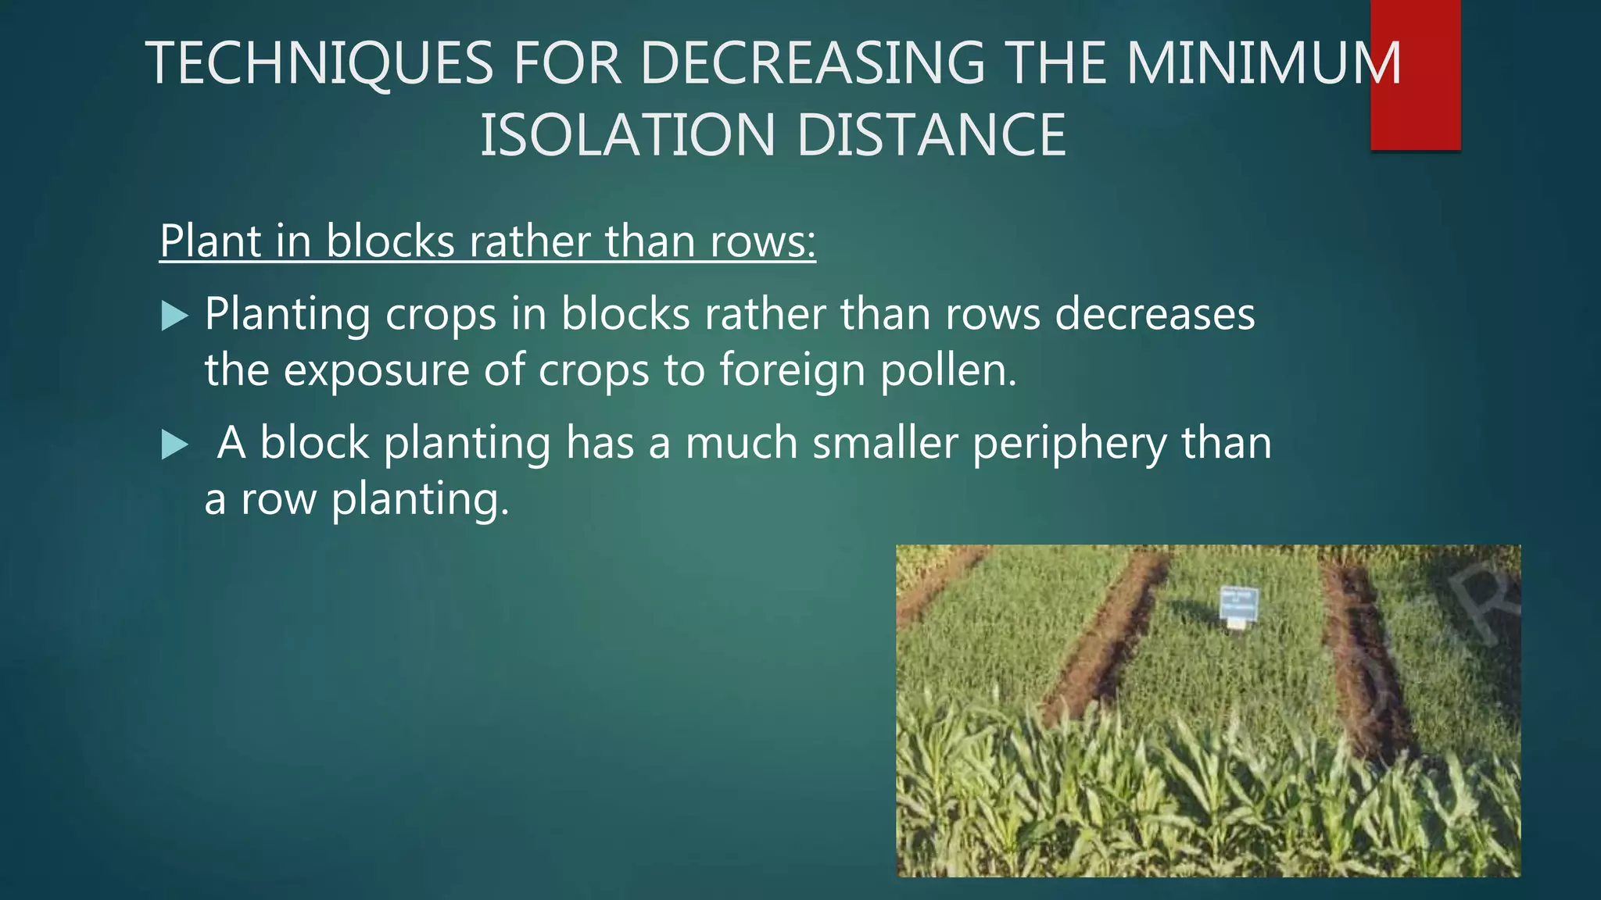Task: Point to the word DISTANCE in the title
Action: click(x=931, y=135)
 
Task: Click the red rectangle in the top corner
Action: click(x=1415, y=74)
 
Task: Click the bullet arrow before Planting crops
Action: click(x=174, y=316)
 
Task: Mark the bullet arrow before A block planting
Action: click(x=174, y=445)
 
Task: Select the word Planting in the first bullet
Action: click(x=287, y=315)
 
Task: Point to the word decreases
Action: click(x=1155, y=315)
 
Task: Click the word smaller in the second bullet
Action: click(x=885, y=443)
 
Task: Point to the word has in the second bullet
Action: click(x=600, y=443)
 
